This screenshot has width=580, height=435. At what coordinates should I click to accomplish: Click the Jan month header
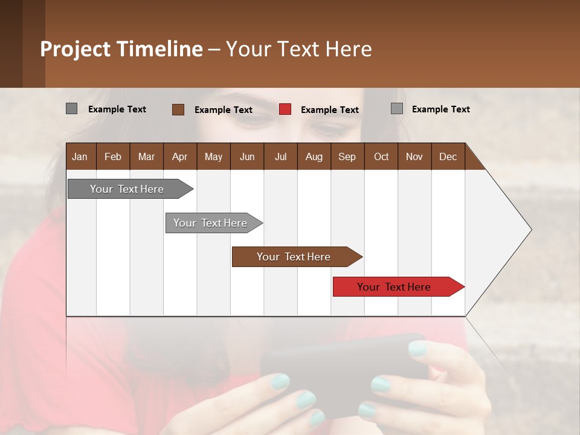[80, 156]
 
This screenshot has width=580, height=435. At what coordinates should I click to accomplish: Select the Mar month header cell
[146, 156]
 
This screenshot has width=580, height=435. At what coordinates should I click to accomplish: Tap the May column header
[213, 156]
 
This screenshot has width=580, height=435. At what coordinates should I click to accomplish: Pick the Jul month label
[280, 156]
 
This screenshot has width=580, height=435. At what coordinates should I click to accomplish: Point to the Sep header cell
[347, 156]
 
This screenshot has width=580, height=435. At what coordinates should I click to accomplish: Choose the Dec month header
[448, 156]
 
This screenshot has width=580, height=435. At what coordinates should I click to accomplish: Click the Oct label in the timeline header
[381, 156]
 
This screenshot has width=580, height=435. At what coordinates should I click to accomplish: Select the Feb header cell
[113, 156]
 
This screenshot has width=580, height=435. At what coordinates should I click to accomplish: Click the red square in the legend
[285, 109]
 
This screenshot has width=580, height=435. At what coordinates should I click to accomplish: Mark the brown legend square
[178, 109]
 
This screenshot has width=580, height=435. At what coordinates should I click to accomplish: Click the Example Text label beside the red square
[329, 110]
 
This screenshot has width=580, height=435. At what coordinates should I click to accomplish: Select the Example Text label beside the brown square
[223, 110]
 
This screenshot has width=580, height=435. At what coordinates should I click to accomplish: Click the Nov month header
[414, 156]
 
